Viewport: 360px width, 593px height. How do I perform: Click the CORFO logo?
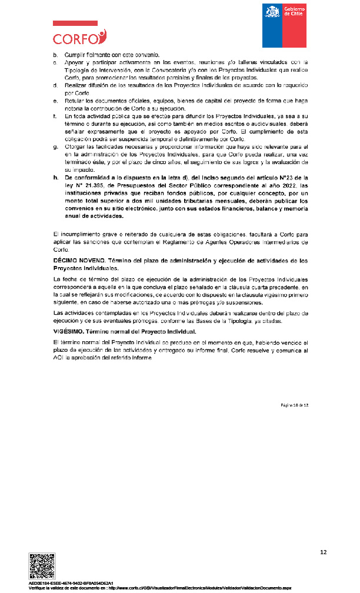tap(79, 35)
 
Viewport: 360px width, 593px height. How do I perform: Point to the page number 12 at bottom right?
tap(323, 552)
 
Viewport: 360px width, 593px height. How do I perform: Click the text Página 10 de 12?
tap(296, 407)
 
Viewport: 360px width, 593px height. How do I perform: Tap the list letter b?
tap(55, 55)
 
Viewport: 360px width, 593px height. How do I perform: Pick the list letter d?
tap(55, 86)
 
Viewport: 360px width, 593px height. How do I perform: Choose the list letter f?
tap(55, 117)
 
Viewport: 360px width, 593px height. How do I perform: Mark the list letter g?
tap(55, 146)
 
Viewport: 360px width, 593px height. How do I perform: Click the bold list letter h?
tap(55, 176)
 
